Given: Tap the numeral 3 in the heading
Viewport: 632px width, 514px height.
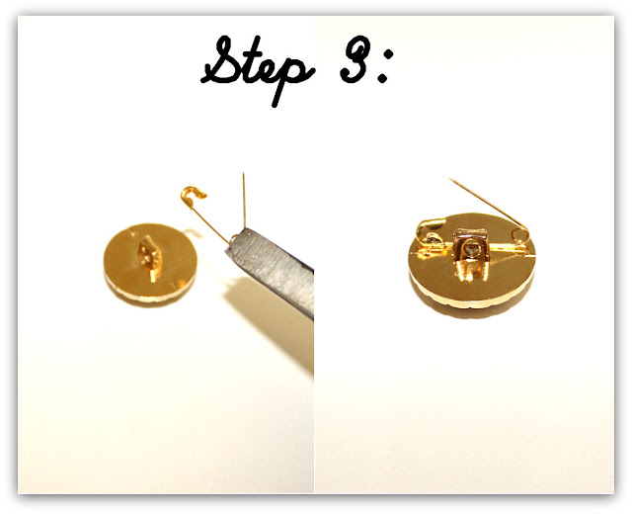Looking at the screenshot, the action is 355,59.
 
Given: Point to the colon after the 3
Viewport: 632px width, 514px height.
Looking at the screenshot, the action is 382,65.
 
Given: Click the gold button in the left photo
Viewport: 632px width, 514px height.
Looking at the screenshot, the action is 150,263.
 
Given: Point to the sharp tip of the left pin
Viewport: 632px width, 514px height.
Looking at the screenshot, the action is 243,174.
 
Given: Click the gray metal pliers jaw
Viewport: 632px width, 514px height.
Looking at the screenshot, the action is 271,271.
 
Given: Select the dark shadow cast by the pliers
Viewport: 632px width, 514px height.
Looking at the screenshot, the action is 270,318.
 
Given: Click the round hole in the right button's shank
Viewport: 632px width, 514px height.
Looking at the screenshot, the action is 470,248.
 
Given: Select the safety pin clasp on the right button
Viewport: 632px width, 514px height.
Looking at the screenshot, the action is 431,233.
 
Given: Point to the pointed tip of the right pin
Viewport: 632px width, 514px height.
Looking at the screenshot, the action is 451,179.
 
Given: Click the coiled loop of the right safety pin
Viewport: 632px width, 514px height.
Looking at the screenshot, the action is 522,236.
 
